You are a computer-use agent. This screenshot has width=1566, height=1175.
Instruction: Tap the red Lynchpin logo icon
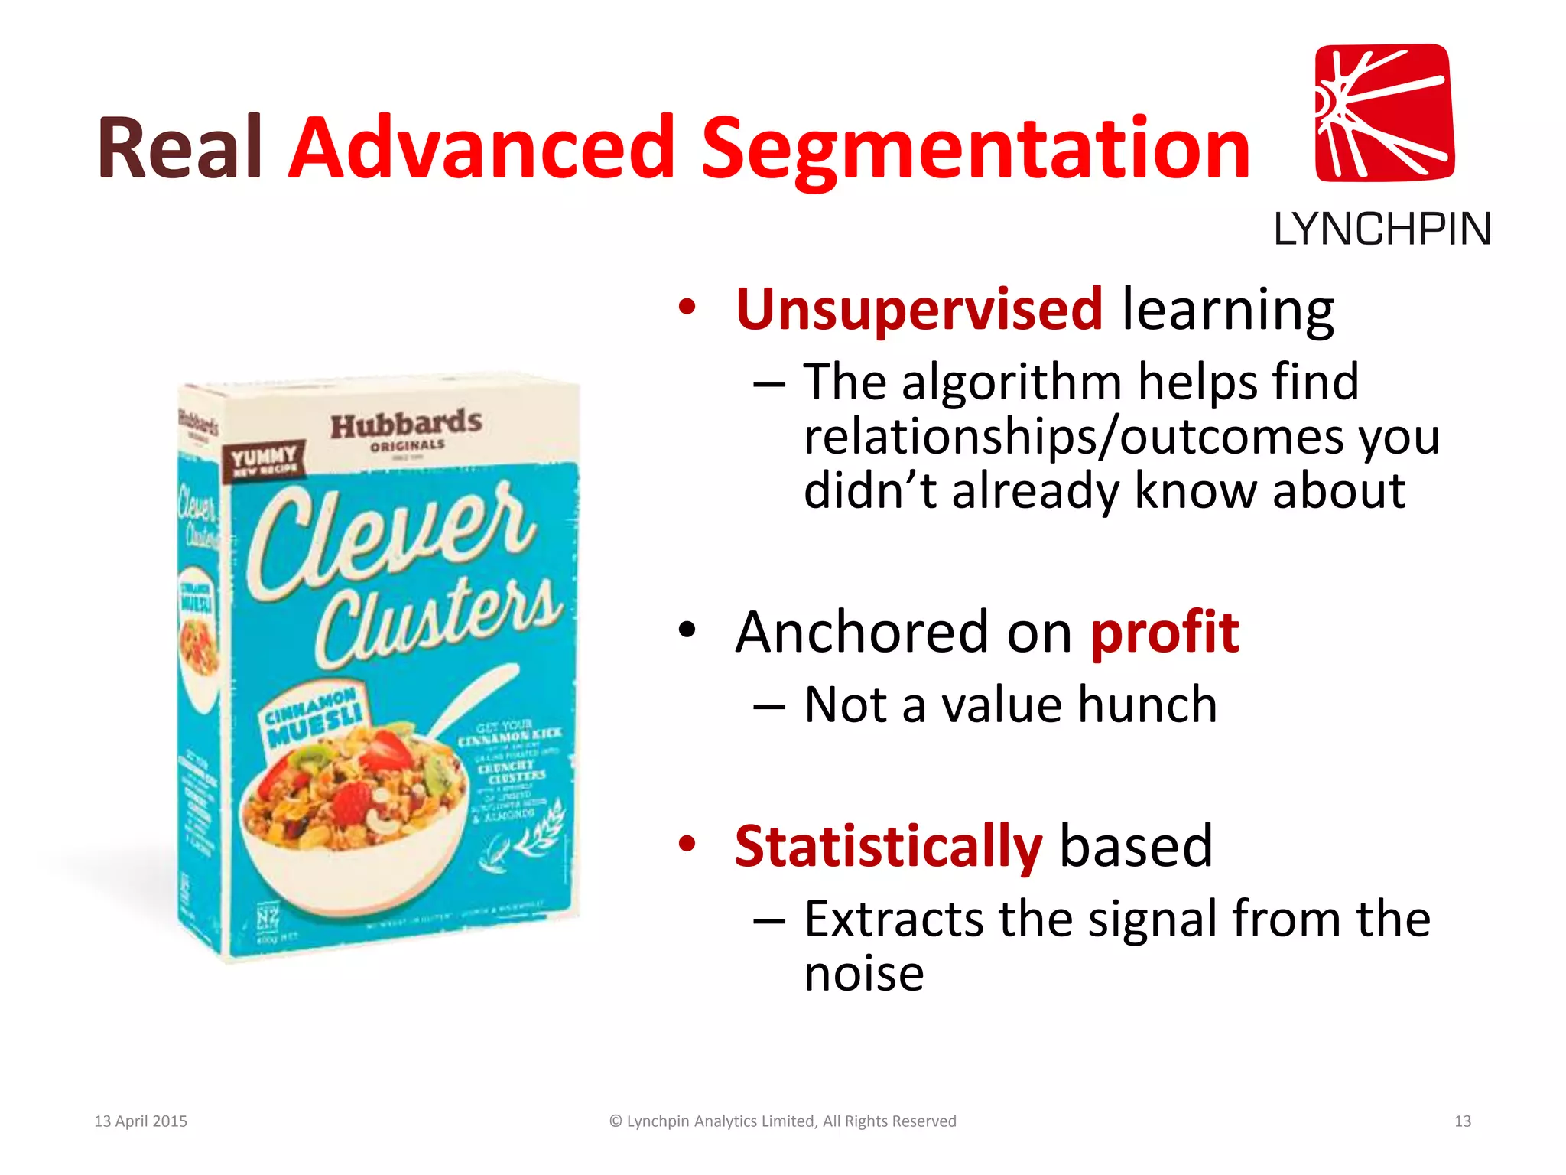[1384, 112]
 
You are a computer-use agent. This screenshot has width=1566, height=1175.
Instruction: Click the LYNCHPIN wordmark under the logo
[1382, 229]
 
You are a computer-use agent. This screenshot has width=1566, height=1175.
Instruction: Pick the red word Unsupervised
[918, 310]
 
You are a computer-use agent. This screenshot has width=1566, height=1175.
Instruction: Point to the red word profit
[1164, 633]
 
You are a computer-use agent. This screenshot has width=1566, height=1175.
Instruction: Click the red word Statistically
[888, 847]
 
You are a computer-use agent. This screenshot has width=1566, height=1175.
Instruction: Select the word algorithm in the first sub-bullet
[1012, 382]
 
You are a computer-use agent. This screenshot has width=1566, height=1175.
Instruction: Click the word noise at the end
[864, 974]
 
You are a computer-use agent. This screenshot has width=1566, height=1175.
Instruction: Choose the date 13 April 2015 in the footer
[141, 1121]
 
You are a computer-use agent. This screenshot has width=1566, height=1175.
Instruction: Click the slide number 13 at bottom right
[1462, 1121]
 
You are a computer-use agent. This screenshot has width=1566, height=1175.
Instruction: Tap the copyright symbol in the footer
[616, 1121]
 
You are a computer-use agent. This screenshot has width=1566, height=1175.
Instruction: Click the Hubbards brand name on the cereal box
[406, 425]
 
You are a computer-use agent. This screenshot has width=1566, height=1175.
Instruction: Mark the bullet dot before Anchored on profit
[687, 630]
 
